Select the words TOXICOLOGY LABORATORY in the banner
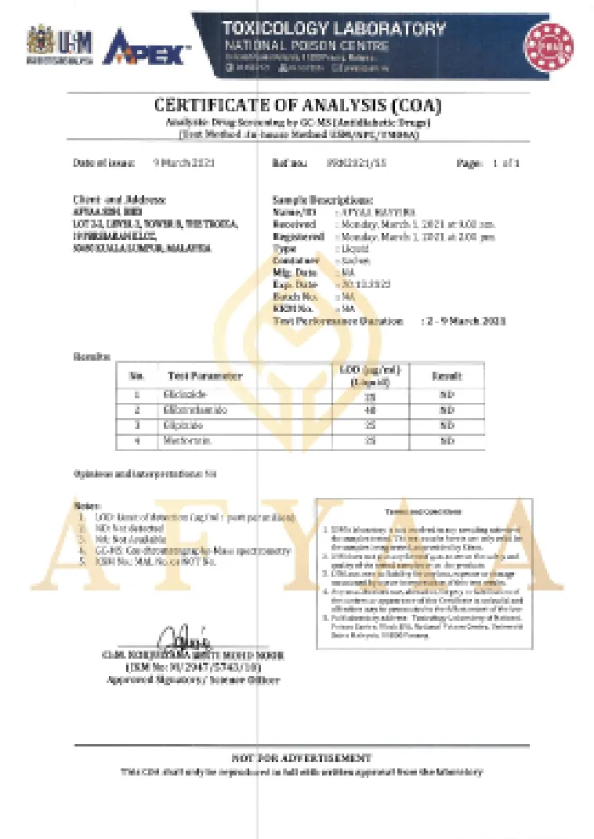point(334,30)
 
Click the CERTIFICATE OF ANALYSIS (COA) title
point(298,106)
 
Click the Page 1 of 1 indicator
point(487,163)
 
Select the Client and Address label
point(120,201)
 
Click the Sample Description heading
point(322,201)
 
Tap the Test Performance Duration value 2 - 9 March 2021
point(463,321)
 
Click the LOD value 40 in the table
point(370,410)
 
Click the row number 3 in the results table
point(136,426)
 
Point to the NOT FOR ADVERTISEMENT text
point(301,757)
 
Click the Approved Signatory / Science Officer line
point(192,679)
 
